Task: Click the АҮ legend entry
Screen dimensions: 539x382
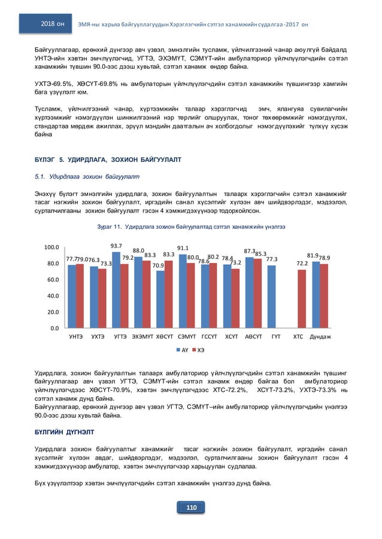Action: tap(183, 348)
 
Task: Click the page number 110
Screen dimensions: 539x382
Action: tap(191, 507)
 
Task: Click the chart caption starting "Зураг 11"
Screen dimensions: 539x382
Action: tap(190, 227)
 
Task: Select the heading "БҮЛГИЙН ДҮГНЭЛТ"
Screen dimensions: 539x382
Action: tap(63, 430)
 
